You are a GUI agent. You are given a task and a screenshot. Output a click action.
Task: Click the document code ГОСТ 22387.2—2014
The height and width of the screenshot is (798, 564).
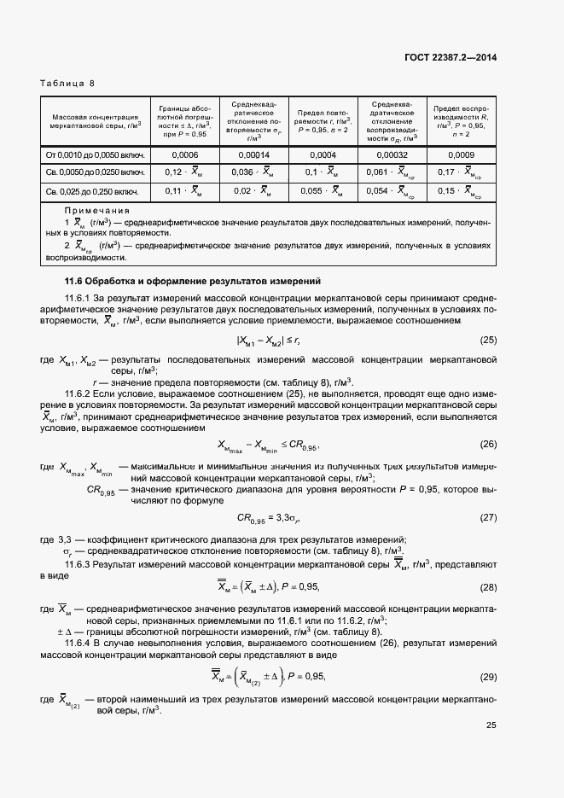pyautogui.click(x=451, y=58)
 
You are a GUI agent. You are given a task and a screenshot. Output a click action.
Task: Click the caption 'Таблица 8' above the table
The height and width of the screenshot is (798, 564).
pyautogui.click(x=67, y=83)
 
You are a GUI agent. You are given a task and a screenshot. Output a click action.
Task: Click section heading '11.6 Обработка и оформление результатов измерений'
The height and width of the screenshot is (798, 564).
pyautogui.click(x=193, y=281)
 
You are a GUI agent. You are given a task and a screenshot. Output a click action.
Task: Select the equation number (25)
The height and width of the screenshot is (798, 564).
pyautogui.click(x=488, y=341)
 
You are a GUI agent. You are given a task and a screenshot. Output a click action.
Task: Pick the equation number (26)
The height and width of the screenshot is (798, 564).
pyautogui.click(x=488, y=444)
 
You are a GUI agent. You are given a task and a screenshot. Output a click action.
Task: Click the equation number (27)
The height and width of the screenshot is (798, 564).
pyautogui.click(x=488, y=517)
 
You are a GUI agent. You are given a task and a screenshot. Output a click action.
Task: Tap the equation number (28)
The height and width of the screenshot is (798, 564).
pyautogui.click(x=488, y=586)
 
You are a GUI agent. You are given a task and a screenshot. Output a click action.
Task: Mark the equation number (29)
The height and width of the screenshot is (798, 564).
pyautogui.click(x=488, y=676)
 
